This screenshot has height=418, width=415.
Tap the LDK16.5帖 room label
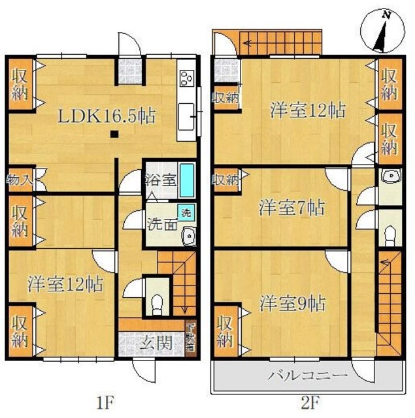pos(107,118)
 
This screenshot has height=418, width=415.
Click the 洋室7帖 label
pos(292,208)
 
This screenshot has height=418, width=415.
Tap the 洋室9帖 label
pos(292,304)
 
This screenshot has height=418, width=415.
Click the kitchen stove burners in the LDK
pos(186,80)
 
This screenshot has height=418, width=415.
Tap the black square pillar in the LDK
pos(115,135)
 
